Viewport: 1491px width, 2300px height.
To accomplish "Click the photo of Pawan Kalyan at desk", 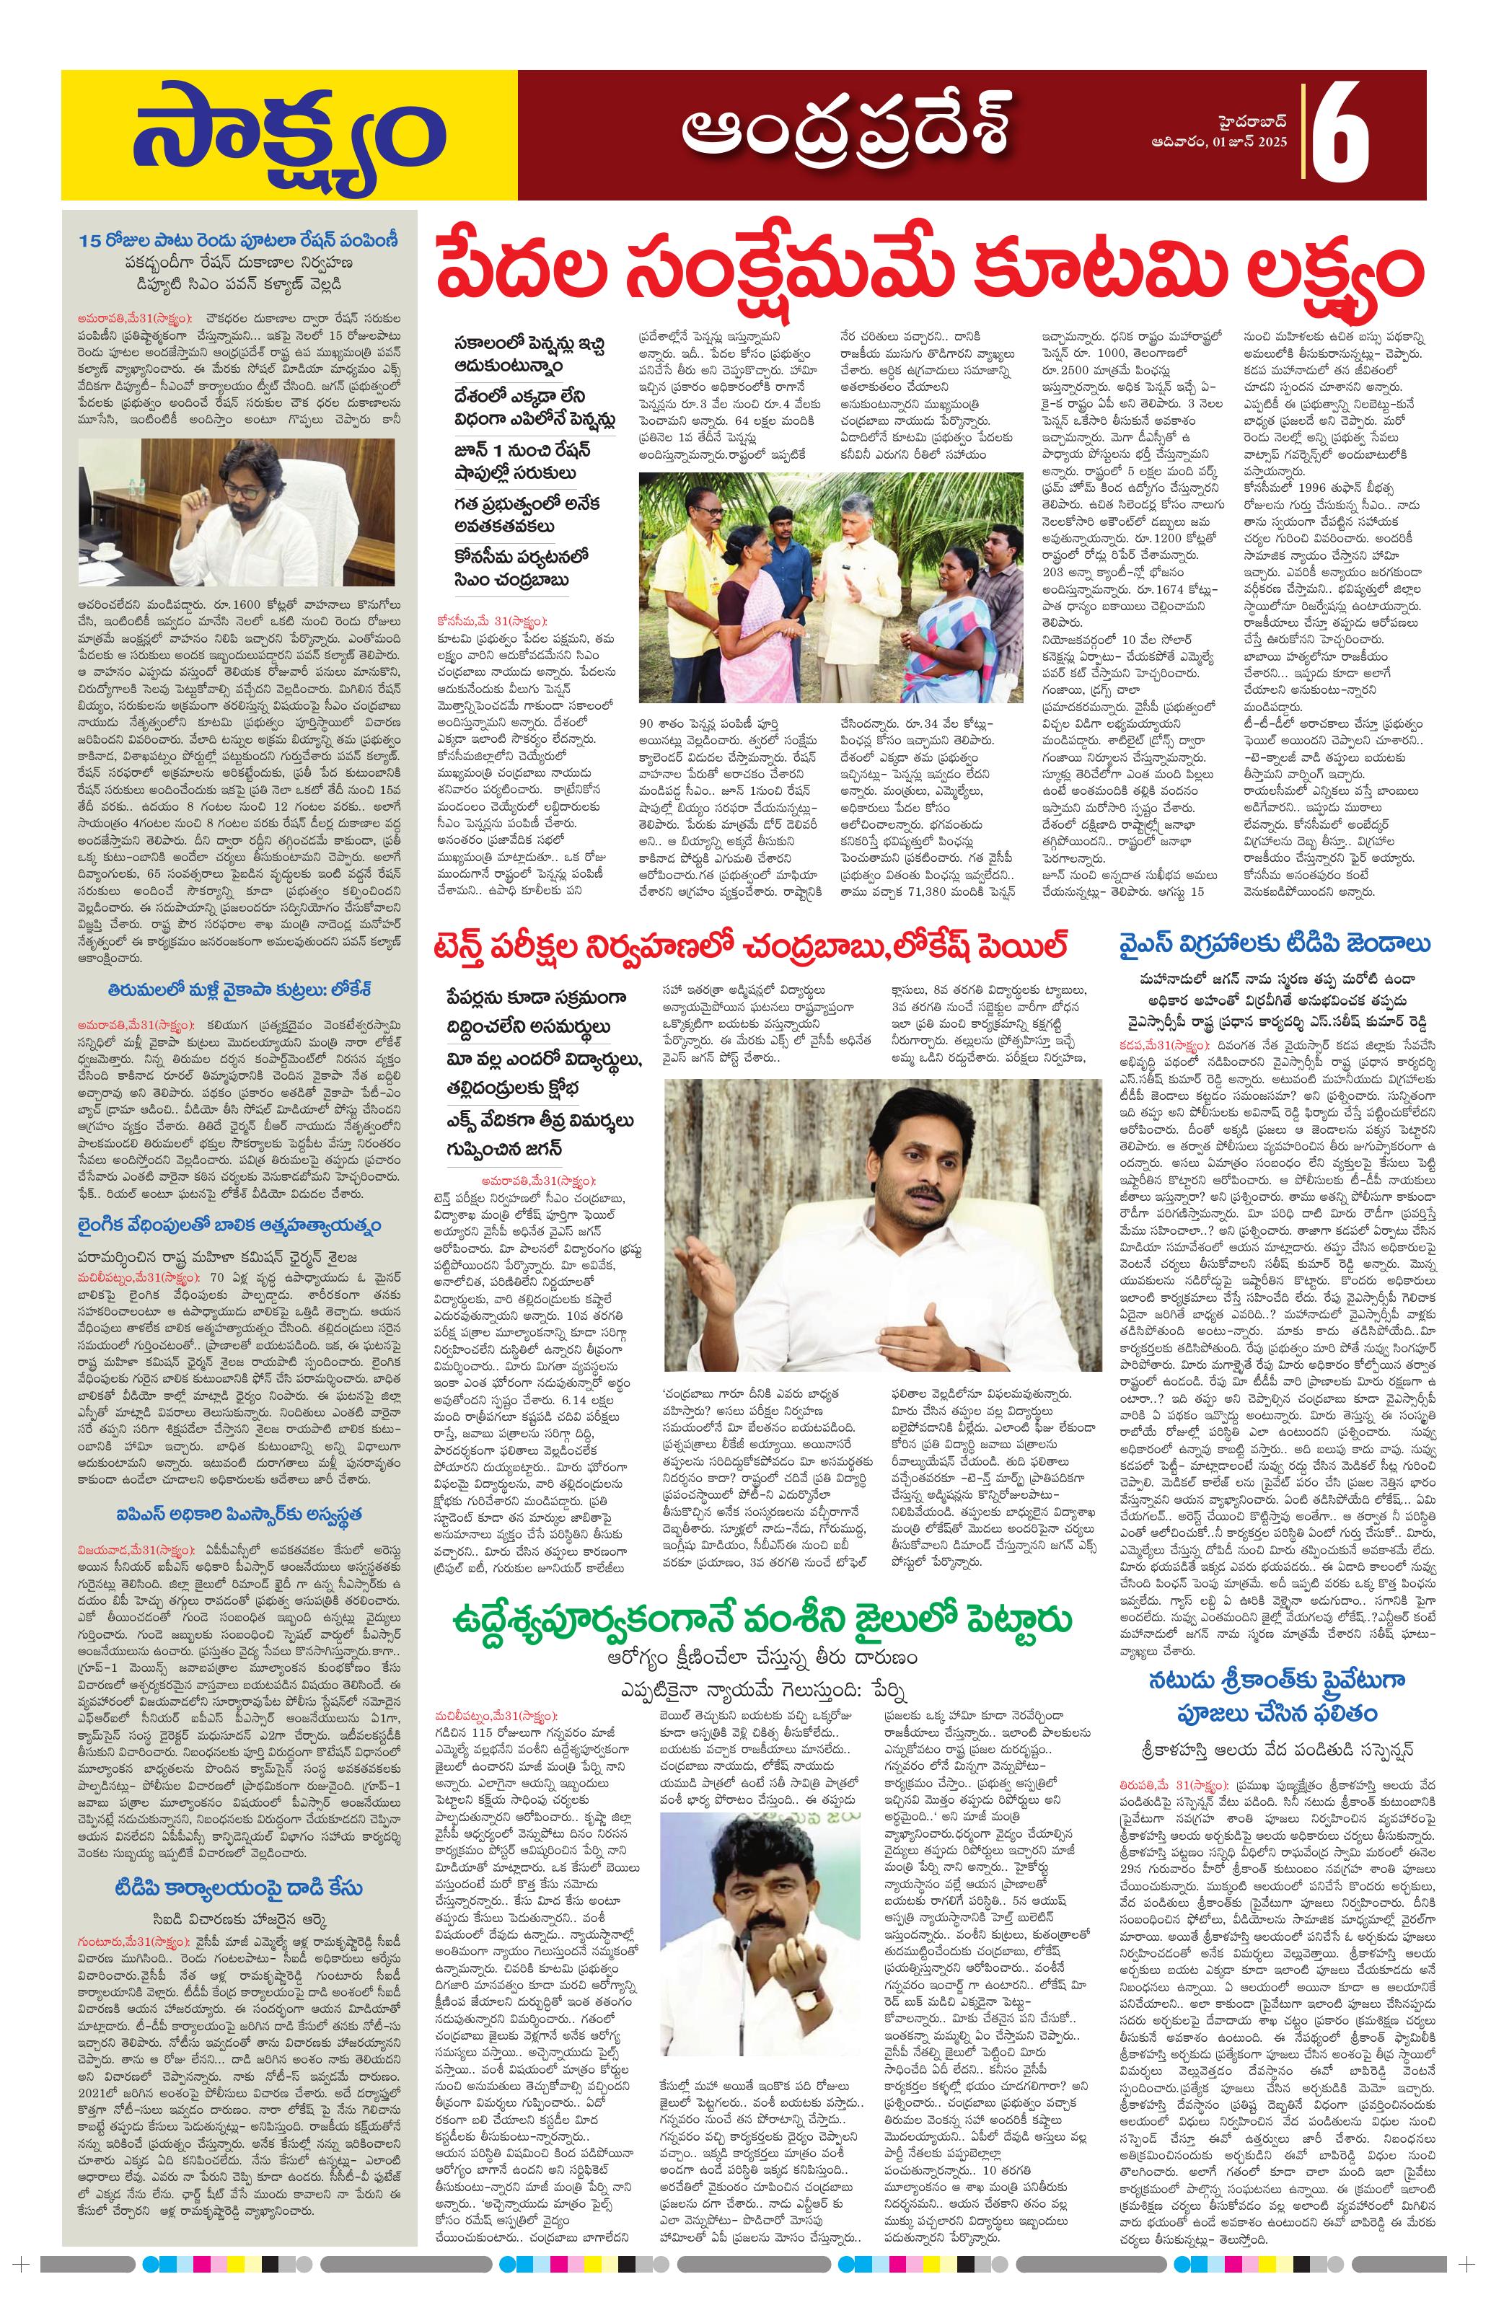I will point(237,511).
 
